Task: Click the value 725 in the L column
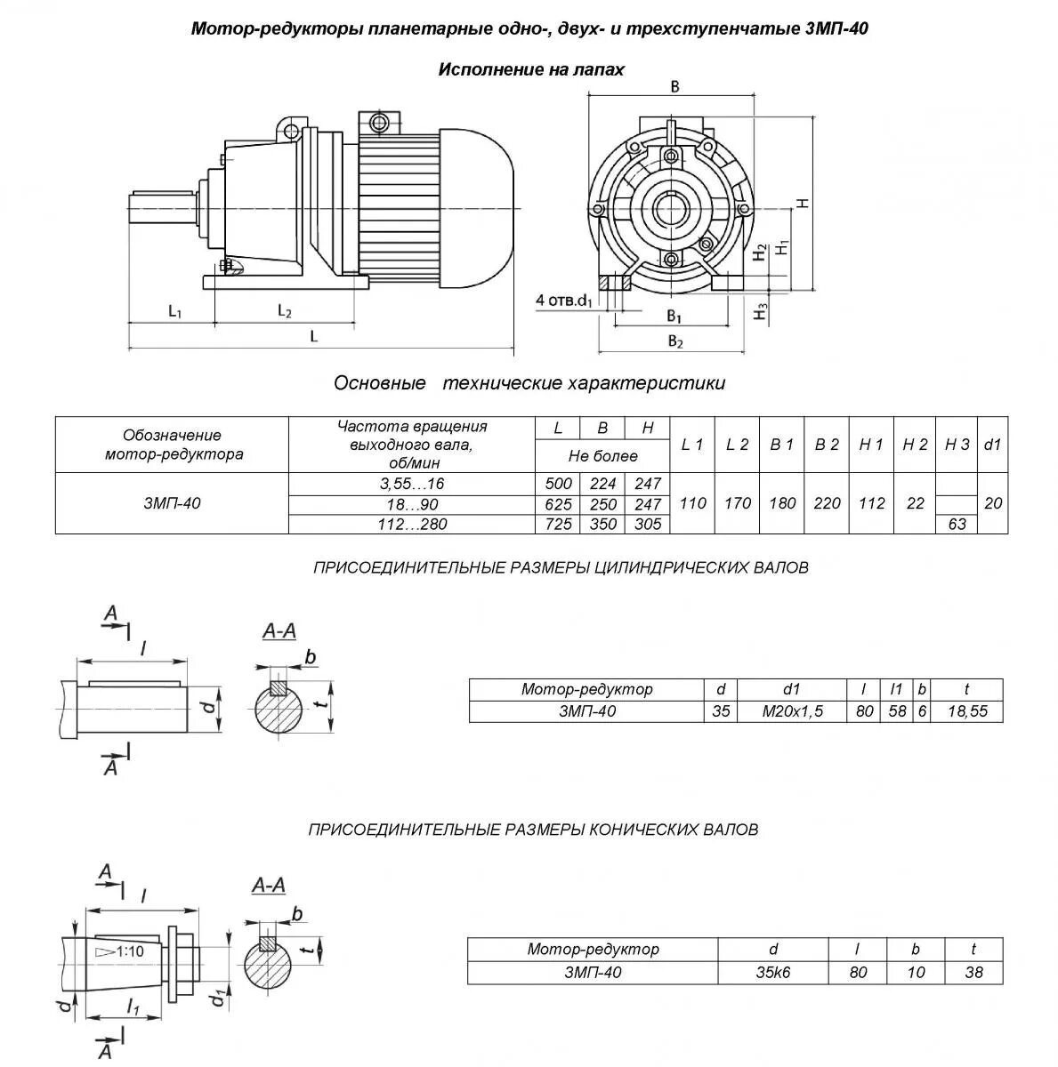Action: [558, 525]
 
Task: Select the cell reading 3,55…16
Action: [412, 483]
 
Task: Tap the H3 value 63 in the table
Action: [957, 525]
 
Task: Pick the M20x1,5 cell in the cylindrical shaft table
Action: [791, 711]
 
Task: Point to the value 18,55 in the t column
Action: [967, 711]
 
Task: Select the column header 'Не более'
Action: [602, 456]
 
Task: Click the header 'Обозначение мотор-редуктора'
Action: [173, 445]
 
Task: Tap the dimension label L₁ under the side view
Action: [175, 311]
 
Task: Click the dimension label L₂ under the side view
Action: [285, 311]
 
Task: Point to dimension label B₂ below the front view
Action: [675, 341]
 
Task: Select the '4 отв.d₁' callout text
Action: [564, 300]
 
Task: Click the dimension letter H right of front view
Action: [803, 203]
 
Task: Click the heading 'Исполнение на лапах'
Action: [530, 69]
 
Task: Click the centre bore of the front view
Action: [670, 210]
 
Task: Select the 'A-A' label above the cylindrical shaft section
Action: [279, 631]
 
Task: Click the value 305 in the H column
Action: [648, 525]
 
